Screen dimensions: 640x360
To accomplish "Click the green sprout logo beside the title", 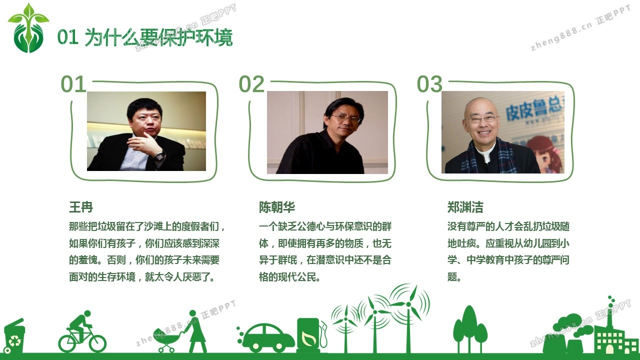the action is [x=28, y=28].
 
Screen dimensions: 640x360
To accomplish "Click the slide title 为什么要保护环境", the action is [x=159, y=37].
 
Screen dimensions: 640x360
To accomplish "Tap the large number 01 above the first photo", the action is [x=73, y=84].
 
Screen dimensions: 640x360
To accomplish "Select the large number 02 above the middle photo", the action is [x=251, y=84].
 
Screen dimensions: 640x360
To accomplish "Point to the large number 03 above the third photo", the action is [x=429, y=84].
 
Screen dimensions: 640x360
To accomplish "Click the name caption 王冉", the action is [x=81, y=207].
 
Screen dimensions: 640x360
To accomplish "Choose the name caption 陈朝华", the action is [x=277, y=207].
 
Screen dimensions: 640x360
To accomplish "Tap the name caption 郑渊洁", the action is [x=465, y=207].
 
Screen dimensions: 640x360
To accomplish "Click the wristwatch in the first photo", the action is [x=159, y=156].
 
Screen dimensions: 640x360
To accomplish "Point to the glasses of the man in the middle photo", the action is [x=345, y=118].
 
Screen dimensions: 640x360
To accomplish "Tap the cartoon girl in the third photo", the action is [x=544, y=154].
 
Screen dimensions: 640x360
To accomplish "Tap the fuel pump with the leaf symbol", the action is [x=310, y=335].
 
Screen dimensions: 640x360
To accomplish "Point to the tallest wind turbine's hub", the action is [x=408, y=304].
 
